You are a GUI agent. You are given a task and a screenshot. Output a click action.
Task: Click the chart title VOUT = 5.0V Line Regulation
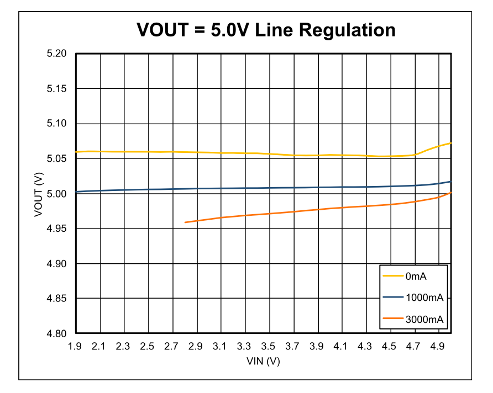266,29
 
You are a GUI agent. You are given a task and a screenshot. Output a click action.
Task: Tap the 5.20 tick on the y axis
57,54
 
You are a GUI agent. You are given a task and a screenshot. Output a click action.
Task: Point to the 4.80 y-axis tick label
57,334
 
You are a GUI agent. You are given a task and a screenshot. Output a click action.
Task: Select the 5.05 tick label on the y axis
57,159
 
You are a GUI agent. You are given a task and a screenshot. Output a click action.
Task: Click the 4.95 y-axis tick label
57,229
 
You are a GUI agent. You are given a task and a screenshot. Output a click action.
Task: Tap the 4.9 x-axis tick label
438,347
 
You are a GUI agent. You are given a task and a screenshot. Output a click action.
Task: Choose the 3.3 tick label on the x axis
244,347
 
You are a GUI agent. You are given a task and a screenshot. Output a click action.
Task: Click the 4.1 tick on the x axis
341,347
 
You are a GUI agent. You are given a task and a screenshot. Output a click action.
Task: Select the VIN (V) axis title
264,361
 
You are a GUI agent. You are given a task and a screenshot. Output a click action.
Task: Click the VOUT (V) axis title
39,194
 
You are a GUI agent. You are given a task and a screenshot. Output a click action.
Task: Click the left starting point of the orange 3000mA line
185,222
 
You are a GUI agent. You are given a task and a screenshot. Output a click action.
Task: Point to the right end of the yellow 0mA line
451,143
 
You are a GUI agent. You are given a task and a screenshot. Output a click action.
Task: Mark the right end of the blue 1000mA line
451,182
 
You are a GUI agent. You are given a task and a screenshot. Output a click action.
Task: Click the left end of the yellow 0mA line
76,152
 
